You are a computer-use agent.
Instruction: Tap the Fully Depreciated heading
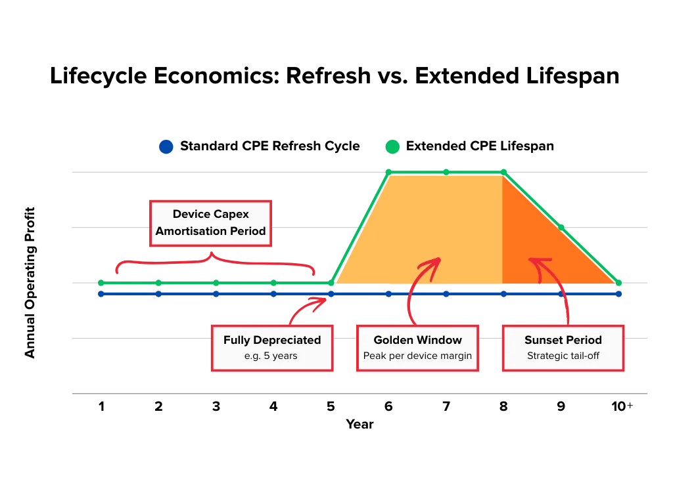point(272,340)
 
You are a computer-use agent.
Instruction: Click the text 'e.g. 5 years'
point(272,356)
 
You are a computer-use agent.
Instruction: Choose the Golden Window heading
point(417,340)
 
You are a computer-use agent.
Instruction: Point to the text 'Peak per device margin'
point(417,356)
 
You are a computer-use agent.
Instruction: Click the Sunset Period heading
point(563,340)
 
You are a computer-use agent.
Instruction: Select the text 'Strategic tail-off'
point(563,356)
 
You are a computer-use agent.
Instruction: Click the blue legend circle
point(166,146)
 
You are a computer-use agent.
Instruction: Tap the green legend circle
point(392,146)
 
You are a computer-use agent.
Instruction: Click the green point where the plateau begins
point(388,172)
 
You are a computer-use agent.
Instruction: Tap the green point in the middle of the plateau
point(446,172)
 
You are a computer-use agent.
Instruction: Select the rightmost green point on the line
point(618,283)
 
